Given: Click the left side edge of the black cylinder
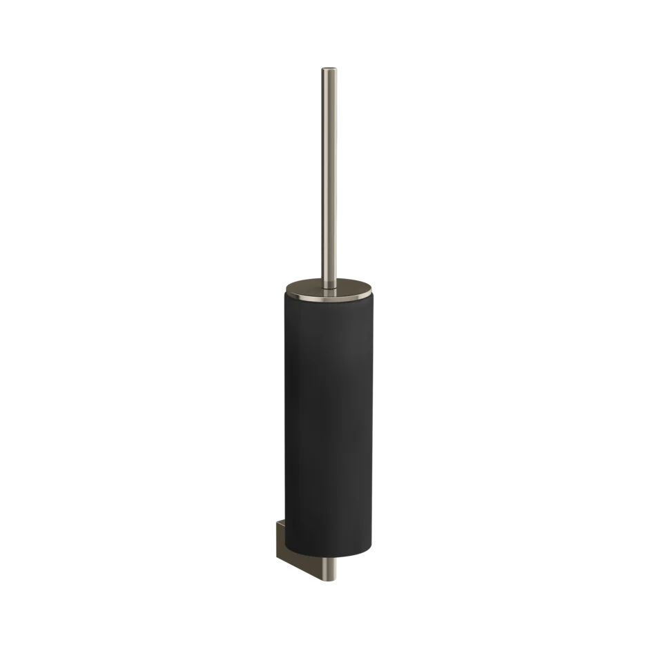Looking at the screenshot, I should pyautogui.click(x=282, y=428).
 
